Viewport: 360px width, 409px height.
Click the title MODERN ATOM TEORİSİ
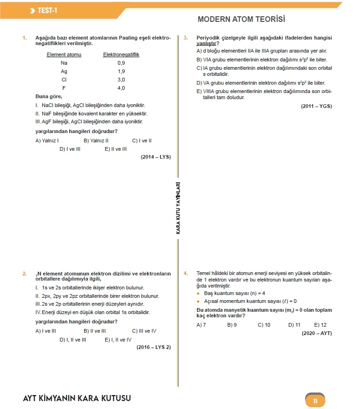[x=241, y=20]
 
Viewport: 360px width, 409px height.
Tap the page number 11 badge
[x=315, y=401]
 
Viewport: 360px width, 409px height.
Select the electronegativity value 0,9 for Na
[x=121, y=63]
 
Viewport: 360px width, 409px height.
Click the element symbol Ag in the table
[x=64, y=71]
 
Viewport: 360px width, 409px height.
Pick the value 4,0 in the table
[x=121, y=88]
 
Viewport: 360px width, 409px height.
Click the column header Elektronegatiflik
[x=121, y=54]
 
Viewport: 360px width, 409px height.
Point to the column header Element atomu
[x=64, y=54]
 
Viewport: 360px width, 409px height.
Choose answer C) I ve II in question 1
[x=142, y=140]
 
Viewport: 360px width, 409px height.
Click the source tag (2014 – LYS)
[x=156, y=157]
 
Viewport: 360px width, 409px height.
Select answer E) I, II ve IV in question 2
[x=118, y=340]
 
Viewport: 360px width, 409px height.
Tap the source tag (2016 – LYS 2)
[x=153, y=348]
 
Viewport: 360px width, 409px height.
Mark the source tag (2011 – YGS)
[x=316, y=106]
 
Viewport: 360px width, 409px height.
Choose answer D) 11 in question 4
[x=294, y=325]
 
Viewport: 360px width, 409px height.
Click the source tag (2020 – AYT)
[x=316, y=333]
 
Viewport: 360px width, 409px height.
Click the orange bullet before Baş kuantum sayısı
[x=199, y=294]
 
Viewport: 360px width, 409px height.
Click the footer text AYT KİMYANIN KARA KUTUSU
[x=77, y=398]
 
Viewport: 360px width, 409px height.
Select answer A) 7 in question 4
[x=201, y=325]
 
